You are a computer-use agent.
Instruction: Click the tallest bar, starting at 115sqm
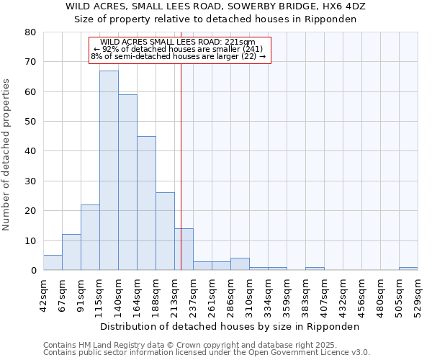[109, 171]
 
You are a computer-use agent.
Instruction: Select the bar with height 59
[127, 182]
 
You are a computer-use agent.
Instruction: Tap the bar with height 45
[146, 203]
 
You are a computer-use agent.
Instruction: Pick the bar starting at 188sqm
[165, 231]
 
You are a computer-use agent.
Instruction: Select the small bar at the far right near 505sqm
[408, 269]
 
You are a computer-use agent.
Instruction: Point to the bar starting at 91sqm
[90, 238]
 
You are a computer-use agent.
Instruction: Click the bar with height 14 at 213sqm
[184, 249]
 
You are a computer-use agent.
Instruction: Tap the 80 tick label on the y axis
[30, 32]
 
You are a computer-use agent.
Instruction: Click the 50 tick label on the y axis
[30, 122]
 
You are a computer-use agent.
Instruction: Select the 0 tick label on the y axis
[32, 271]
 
